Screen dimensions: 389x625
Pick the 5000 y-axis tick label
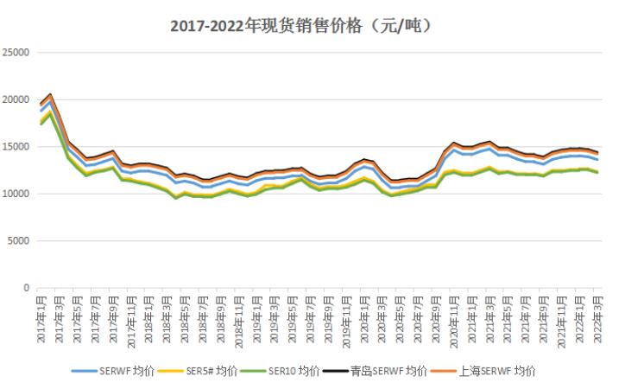click(x=20, y=241)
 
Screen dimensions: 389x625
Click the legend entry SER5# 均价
click(x=220, y=371)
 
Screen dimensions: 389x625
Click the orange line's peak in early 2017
click(x=51, y=94)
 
